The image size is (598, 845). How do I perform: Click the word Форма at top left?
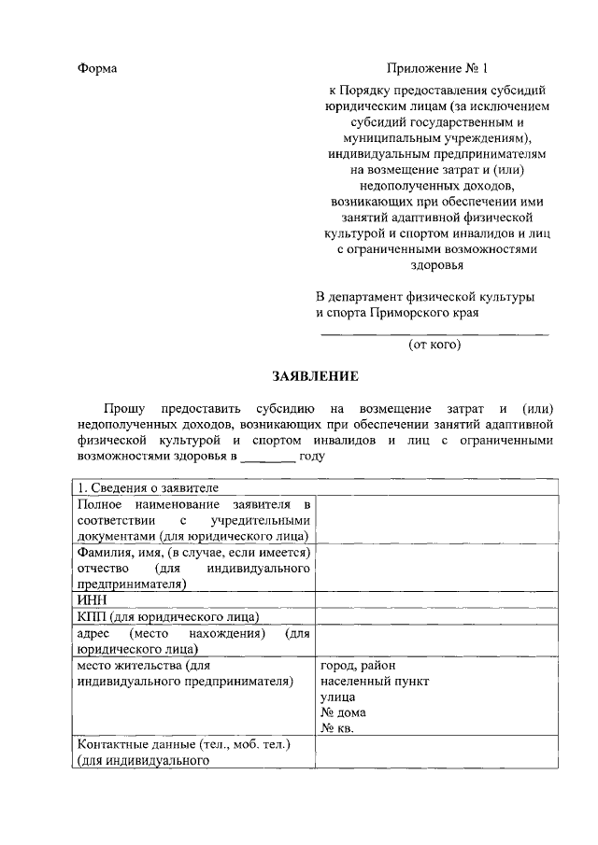coord(96,68)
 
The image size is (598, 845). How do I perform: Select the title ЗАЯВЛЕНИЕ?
coord(315,377)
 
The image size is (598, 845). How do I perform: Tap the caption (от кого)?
coord(434,345)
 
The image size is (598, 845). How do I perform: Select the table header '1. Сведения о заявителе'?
coord(148,488)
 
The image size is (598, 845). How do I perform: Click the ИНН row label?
coord(91,599)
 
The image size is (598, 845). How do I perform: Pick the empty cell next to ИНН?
coord(436,599)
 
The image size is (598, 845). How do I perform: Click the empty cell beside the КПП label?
coord(436,616)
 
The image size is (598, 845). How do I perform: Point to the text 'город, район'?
coord(358,666)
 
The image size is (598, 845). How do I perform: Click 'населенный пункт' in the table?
coord(375,682)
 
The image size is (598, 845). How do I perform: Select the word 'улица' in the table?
coord(337,697)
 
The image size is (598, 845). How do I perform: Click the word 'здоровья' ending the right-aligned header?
coord(437,264)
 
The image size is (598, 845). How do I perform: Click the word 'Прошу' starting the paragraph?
coord(124,409)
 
